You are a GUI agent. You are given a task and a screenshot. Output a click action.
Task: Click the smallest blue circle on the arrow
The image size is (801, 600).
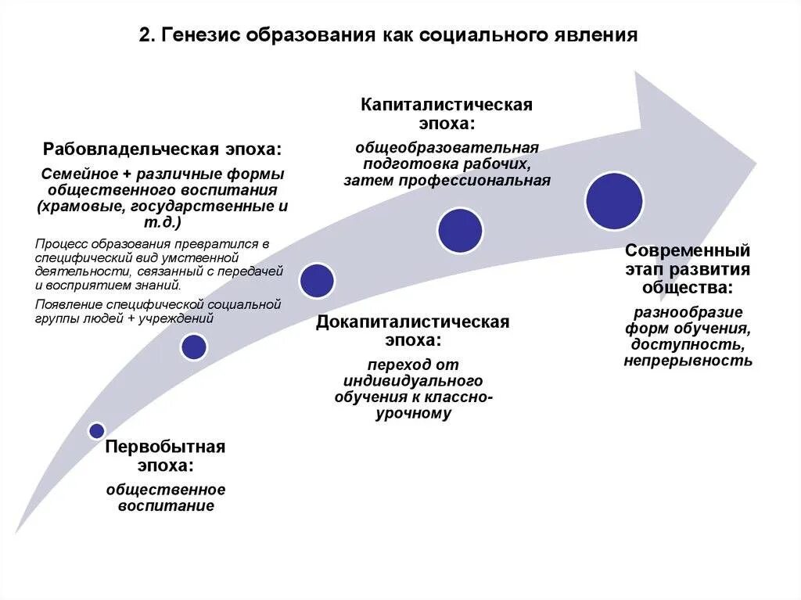pyautogui.click(x=96, y=430)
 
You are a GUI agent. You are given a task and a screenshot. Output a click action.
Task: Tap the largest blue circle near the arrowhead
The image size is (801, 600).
pyautogui.click(x=614, y=201)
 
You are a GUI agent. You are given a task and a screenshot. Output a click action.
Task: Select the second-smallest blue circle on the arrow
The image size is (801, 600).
pyautogui.click(x=193, y=347)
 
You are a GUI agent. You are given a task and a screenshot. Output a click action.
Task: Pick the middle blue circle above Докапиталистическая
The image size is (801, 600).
pyautogui.click(x=317, y=280)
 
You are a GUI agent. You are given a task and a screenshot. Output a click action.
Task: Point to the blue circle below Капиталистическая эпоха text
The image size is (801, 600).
pyautogui.click(x=459, y=231)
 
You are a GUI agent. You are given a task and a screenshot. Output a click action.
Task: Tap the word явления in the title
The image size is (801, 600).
pyautogui.click(x=601, y=36)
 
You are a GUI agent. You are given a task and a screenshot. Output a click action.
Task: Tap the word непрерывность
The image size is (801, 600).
pyautogui.click(x=688, y=361)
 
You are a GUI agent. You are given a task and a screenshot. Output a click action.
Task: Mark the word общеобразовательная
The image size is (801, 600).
pyautogui.click(x=447, y=147)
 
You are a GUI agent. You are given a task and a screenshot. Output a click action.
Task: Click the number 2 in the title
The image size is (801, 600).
pyautogui.click(x=145, y=36)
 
